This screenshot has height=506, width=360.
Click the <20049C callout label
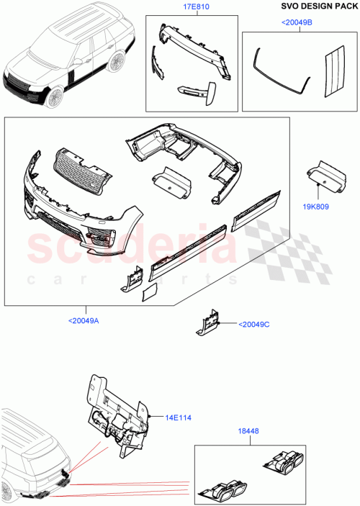253,324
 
